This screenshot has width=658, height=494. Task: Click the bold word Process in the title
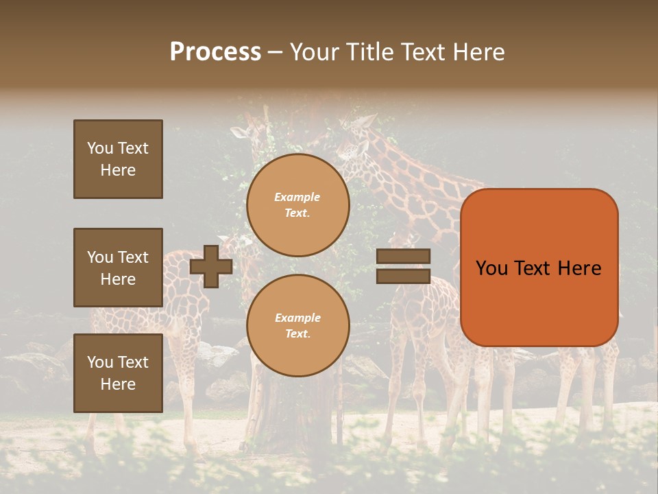[x=215, y=52]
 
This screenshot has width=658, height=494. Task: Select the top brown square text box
[x=118, y=159]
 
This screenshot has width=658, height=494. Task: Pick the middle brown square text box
[x=118, y=268]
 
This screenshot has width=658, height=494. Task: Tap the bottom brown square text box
[x=118, y=373]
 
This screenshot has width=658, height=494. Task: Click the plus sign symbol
[x=211, y=266]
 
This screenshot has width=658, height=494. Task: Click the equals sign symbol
[x=403, y=266]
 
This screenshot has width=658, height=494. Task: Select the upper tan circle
[x=298, y=205]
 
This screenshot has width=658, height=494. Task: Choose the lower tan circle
[x=298, y=326]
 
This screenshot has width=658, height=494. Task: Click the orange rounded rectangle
[x=539, y=268]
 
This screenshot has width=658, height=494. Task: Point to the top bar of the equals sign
[x=403, y=257]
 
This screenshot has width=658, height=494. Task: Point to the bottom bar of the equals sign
[x=403, y=277]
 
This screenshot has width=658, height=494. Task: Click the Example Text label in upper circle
[x=297, y=205]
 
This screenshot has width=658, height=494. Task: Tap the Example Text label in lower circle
[x=297, y=326]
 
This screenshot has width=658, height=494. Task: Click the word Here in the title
[x=478, y=52]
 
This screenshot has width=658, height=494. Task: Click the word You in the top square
[x=100, y=148]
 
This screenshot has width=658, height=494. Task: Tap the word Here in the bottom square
[x=118, y=384]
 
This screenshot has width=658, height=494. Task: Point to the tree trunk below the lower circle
[x=288, y=412]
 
